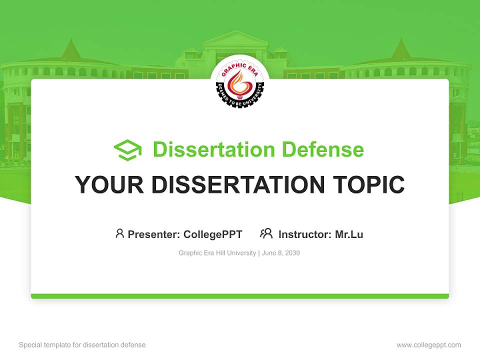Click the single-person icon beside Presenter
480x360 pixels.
point(119,233)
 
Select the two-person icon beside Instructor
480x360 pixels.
point(266,233)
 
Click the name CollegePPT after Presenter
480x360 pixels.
point(213,234)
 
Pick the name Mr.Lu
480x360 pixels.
point(349,234)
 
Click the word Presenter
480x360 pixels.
point(153,234)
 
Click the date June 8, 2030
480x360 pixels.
point(280,253)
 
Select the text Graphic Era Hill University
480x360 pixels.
point(217,253)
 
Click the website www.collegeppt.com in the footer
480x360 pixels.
point(428,345)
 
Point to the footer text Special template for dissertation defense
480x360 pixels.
point(82,345)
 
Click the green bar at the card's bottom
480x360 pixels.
point(239,296)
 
